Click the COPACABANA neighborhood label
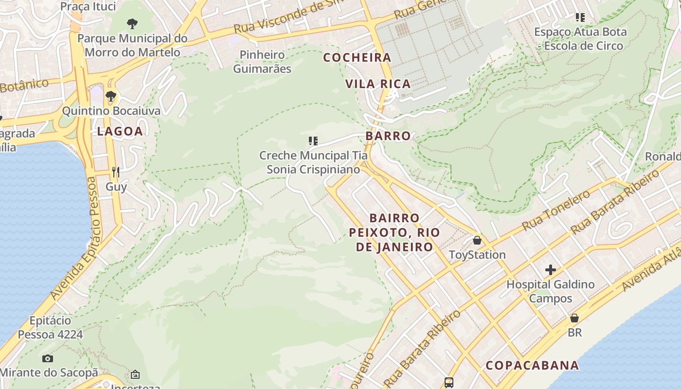[532, 365]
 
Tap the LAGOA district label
[120, 131]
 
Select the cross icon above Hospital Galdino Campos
[550, 269]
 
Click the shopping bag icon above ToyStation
[477, 240]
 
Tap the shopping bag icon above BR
[574, 318]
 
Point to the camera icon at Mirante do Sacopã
[47, 358]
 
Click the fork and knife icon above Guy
[116, 172]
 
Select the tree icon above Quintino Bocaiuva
[111, 96]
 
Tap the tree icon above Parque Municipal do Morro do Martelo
[132, 23]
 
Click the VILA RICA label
[378, 84]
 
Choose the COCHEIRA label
[357, 57]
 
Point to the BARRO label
[388, 136]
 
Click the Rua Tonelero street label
[556, 210]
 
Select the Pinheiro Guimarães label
[262, 62]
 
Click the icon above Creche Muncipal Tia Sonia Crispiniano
[313, 141]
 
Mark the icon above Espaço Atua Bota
[580, 18]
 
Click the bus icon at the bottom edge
[448, 383]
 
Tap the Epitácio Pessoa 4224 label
[50, 327]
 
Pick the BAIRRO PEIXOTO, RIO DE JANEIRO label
[394, 232]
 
